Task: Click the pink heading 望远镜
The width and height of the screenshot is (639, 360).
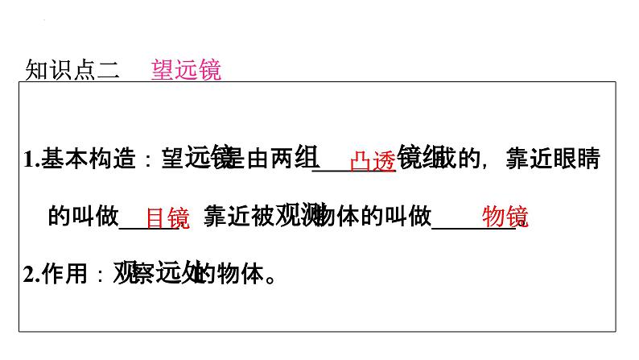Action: (x=186, y=70)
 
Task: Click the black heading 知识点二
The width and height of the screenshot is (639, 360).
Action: (x=72, y=71)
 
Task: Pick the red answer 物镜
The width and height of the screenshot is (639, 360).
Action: (x=505, y=217)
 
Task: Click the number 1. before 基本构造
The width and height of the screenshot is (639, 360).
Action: (x=32, y=160)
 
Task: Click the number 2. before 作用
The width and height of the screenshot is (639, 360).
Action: (x=32, y=275)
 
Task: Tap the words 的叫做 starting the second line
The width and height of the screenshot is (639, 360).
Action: (x=84, y=217)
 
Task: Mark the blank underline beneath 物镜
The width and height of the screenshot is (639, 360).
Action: (x=475, y=230)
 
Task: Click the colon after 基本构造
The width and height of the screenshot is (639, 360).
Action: (x=146, y=161)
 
